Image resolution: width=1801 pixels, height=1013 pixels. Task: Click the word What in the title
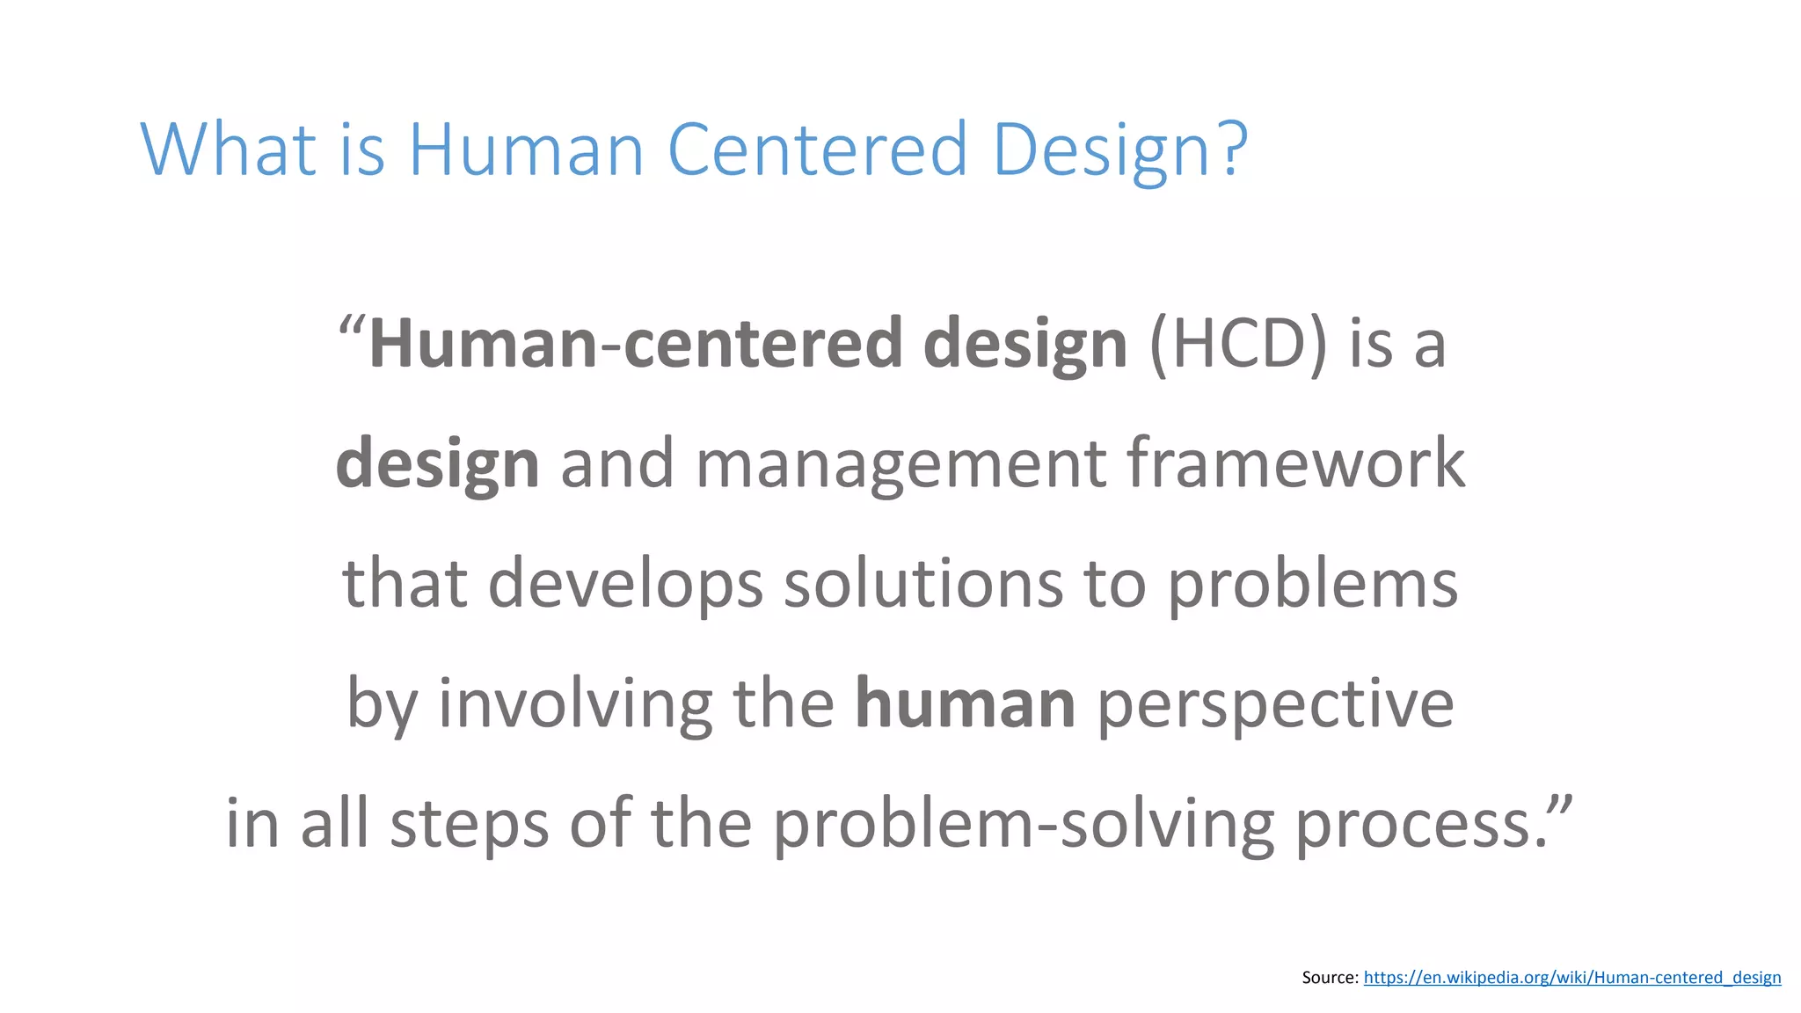pyautogui.click(x=228, y=149)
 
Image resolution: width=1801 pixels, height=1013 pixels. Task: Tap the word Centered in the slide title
pyautogui.click(x=818, y=149)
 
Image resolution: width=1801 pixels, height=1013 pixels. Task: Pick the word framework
pyautogui.click(x=1295, y=463)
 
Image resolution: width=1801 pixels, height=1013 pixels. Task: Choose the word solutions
pyautogui.click(x=923, y=584)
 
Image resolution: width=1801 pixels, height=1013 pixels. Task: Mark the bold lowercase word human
pyautogui.click(x=965, y=704)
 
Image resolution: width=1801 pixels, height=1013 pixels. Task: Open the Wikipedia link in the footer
pyautogui.click(x=1571, y=978)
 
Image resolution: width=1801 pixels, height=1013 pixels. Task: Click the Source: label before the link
pyautogui.click(x=1330, y=978)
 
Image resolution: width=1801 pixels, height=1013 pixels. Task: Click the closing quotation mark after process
pyautogui.click(x=1560, y=804)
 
